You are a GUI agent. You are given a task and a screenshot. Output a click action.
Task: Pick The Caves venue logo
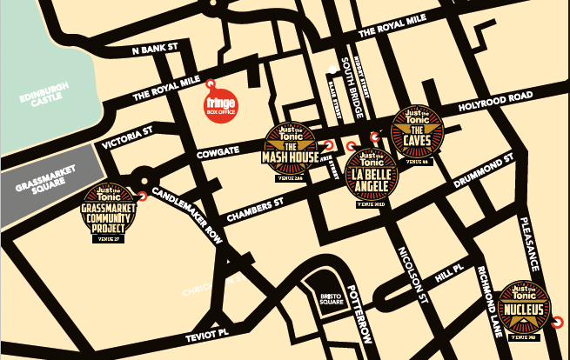click(418, 132)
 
